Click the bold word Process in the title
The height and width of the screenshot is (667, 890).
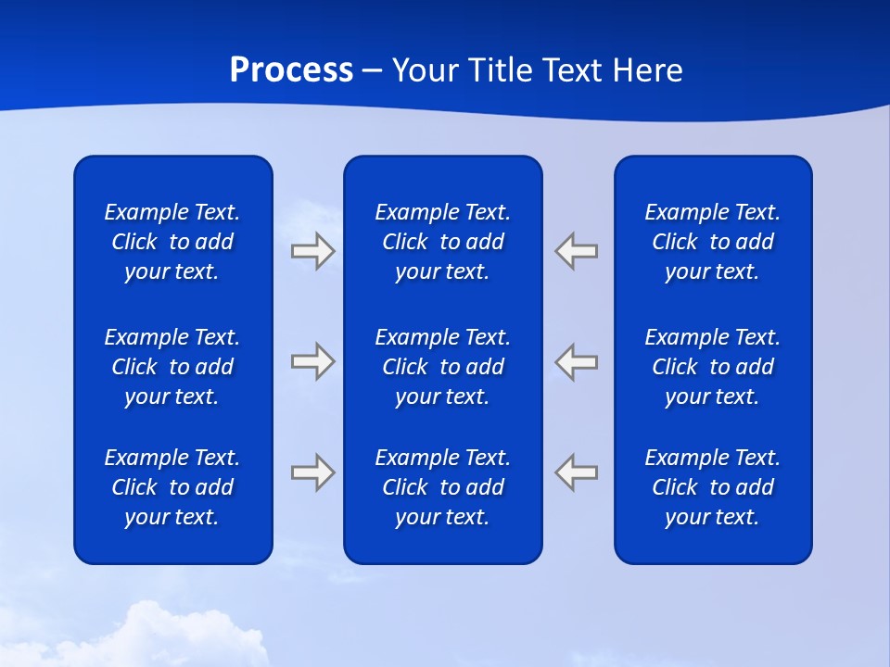(x=291, y=70)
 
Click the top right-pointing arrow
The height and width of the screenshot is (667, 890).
(x=312, y=251)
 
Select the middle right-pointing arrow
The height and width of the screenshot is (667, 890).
(x=312, y=361)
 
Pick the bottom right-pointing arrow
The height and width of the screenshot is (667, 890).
(x=312, y=472)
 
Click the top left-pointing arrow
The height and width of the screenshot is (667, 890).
(x=577, y=251)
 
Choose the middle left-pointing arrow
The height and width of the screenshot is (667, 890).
(x=577, y=361)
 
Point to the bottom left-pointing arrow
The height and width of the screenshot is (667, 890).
(x=577, y=472)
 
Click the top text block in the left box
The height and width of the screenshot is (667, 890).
(x=172, y=242)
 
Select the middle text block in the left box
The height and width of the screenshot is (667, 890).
(x=172, y=367)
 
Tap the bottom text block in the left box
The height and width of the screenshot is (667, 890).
(x=172, y=487)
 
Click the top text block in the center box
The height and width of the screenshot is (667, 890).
(x=442, y=242)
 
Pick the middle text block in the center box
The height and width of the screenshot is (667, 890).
(x=442, y=367)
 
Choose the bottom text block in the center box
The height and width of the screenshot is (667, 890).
(x=442, y=487)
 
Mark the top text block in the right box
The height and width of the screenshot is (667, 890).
(x=712, y=242)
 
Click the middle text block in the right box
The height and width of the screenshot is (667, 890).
(x=712, y=367)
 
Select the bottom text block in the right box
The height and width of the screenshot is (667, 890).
(x=712, y=487)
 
